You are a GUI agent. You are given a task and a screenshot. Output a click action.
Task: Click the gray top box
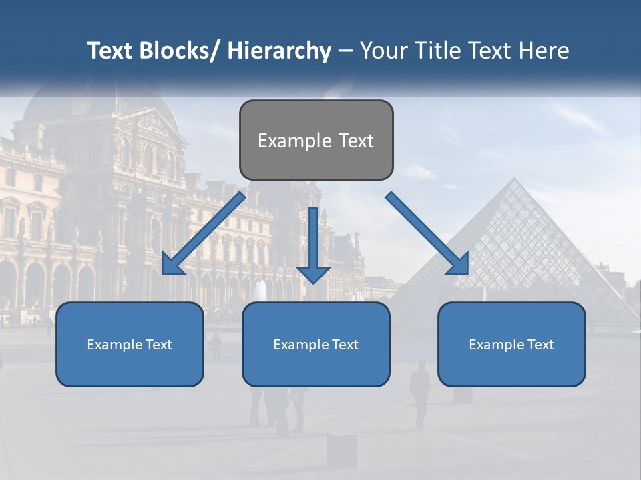pos(316,140)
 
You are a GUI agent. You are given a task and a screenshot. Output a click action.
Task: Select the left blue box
pos(130,344)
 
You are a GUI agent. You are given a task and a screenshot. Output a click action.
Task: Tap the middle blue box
pos(316,344)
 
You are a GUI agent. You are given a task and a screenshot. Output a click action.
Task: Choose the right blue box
pos(511,344)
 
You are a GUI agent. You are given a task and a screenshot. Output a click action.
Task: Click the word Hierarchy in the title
pos(278,51)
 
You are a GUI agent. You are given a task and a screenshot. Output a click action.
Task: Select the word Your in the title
pos(383,51)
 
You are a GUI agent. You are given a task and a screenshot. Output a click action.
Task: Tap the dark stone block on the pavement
pos(342,450)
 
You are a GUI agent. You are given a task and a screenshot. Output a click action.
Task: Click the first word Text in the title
pos(110,51)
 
